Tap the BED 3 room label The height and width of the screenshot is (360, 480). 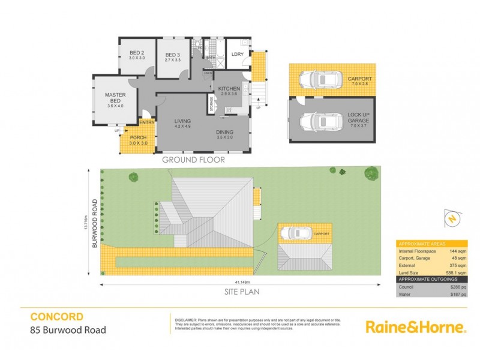click(x=173, y=56)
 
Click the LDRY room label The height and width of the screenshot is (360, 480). click(x=238, y=55)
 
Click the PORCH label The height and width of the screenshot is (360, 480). click(x=139, y=138)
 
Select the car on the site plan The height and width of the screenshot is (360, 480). click(x=295, y=233)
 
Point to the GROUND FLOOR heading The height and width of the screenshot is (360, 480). click(x=193, y=160)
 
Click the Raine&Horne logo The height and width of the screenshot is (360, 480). click(x=415, y=327)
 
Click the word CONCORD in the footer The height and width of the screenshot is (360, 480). click(x=56, y=316)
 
